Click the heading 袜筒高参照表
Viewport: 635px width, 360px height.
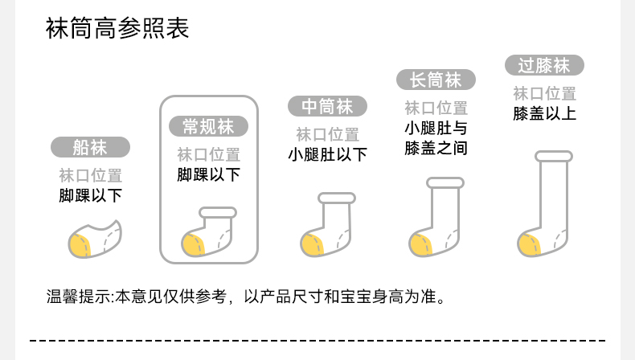point(117,31)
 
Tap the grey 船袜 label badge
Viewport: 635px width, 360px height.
point(90,147)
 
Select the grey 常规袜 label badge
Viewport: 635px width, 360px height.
point(208,126)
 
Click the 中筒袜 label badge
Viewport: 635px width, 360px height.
point(327,106)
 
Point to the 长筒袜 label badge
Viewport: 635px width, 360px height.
point(436,80)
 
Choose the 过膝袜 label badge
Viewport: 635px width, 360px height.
point(544,64)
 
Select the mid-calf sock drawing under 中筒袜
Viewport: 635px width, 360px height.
point(329,226)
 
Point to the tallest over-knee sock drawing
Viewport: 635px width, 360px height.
point(547,205)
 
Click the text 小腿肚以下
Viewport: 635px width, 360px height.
point(327,154)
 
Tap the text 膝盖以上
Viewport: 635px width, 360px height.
point(544,112)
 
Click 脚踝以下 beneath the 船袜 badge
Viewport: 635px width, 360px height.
point(90,195)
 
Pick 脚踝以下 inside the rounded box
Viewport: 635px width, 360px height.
point(208,174)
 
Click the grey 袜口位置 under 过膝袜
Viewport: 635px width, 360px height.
point(544,92)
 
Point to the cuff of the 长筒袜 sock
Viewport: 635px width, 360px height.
point(445,183)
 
